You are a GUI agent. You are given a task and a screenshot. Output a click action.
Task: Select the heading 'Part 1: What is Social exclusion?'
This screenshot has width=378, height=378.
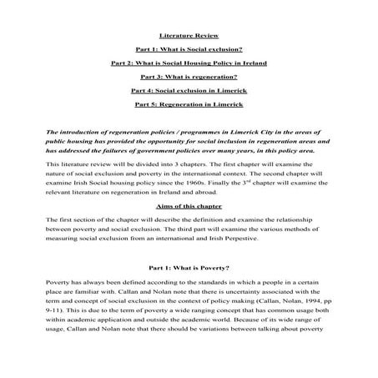point(189,49)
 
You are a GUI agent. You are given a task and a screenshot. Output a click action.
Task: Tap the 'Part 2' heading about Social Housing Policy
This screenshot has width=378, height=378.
point(189,63)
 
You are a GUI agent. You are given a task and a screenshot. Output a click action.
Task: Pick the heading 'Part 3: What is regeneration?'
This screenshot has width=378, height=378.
point(189,76)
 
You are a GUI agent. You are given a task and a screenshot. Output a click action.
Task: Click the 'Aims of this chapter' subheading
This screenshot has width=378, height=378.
point(189,205)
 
